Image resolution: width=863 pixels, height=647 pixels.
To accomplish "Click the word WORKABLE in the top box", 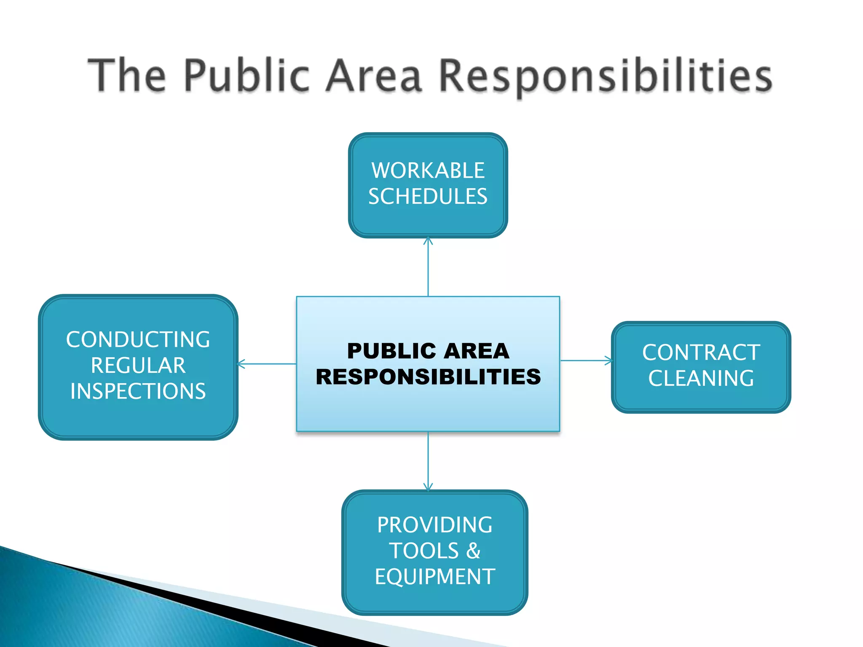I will pyautogui.click(x=428, y=171).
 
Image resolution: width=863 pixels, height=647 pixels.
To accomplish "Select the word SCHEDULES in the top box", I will pyautogui.click(x=428, y=197).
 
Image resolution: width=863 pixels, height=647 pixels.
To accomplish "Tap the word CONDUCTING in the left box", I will pyautogui.click(x=138, y=340).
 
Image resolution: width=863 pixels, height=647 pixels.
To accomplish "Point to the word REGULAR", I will pyautogui.click(x=138, y=366).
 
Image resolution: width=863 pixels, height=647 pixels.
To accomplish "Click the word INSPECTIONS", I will pyautogui.click(x=138, y=391).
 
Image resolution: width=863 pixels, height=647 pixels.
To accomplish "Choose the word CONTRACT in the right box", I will pyautogui.click(x=701, y=353).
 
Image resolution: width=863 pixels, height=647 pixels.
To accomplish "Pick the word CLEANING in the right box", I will pyautogui.click(x=701, y=378).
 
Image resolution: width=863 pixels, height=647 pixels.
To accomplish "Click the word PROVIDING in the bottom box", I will pyautogui.click(x=434, y=525).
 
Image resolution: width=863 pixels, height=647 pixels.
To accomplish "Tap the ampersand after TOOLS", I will pyautogui.click(x=473, y=551).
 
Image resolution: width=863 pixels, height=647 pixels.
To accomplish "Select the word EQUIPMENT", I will pyautogui.click(x=434, y=577).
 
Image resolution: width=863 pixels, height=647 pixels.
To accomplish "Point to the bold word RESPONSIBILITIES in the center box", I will pyautogui.click(x=428, y=377).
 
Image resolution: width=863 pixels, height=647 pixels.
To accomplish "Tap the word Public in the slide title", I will pyautogui.click(x=247, y=76).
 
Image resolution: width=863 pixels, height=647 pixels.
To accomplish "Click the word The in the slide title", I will pyautogui.click(x=127, y=76).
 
